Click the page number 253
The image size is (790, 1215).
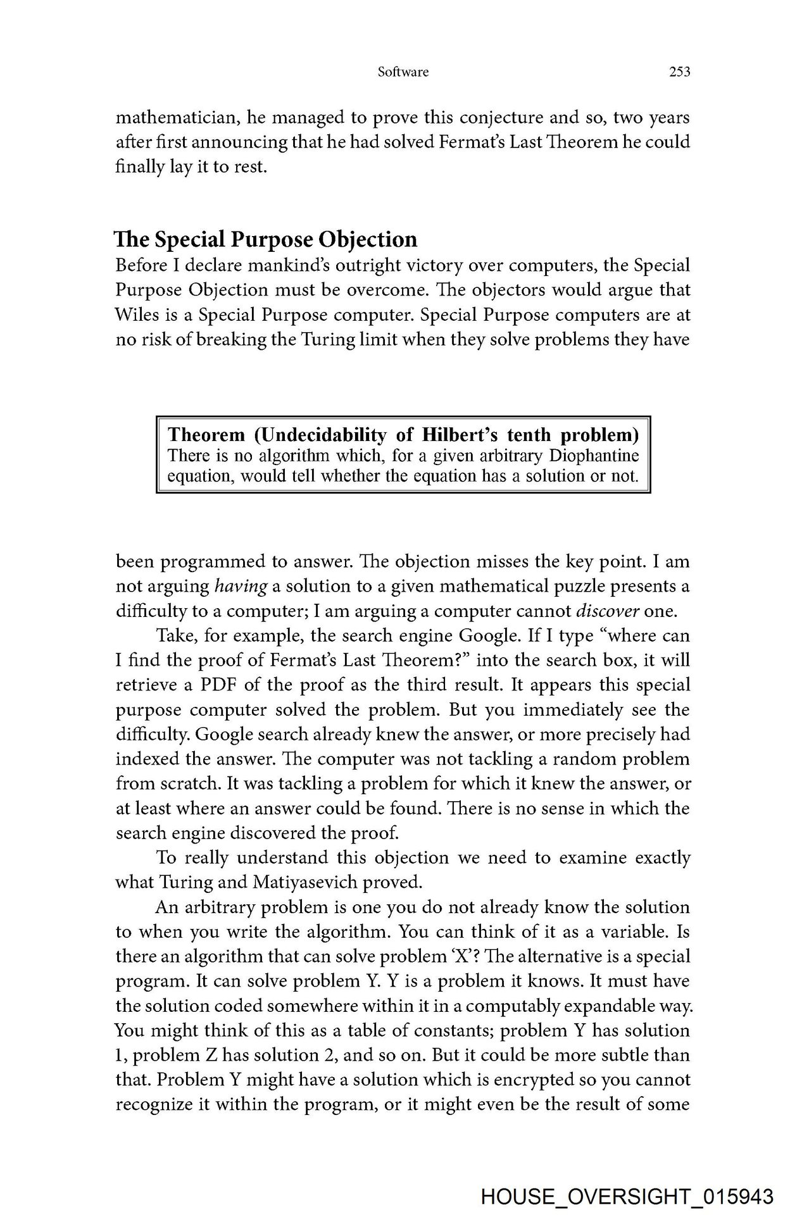pos(679,72)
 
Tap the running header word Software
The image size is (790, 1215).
pos(403,72)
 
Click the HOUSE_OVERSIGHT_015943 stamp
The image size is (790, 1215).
pos(627,1197)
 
